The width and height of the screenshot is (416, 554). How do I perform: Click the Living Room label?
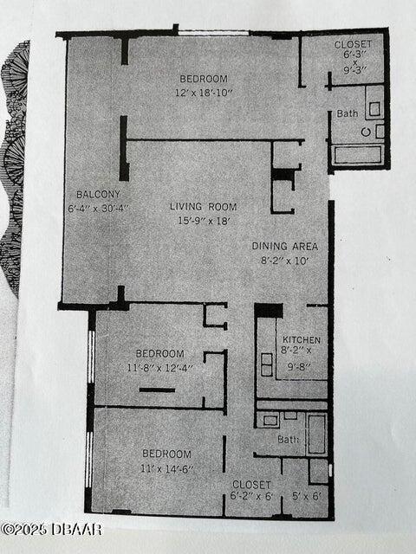pyautogui.click(x=203, y=207)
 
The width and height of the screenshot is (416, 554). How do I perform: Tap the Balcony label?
pyautogui.click(x=98, y=194)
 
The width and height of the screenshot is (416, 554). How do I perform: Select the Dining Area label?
pyautogui.click(x=285, y=246)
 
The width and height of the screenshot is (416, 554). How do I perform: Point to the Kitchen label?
pyautogui.click(x=302, y=340)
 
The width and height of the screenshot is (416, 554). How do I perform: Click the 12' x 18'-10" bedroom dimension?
pyautogui.click(x=204, y=93)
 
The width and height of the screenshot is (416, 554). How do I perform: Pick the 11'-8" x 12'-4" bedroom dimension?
pyautogui.click(x=159, y=368)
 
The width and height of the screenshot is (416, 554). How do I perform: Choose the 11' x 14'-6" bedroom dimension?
pyautogui.click(x=167, y=469)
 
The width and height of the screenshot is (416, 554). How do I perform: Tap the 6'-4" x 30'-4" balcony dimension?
pyautogui.click(x=99, y=208)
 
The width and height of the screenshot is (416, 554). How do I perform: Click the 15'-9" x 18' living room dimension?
pyautogui.click(x=204, y=221)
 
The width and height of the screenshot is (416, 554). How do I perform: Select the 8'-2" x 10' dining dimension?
pyautogui.click(x=285, y=261)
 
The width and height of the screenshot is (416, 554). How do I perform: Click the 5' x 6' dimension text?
pyautogui.click(x=307, y=496)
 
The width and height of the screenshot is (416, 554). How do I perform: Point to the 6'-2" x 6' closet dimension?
pyautogui.click(x=251, y=496)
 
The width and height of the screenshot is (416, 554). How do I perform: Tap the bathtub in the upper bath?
pyautogui.click(x=358, y=155)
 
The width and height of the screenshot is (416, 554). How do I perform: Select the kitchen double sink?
pyautogui.click(x=266, y=364)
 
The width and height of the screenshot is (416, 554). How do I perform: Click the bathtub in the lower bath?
pyautogui.click(x=316, y=435)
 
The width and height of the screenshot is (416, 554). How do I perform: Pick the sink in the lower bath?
pyautogui.click(x=270, y=421)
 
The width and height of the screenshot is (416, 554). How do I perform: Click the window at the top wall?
pyautogui.click(x=213, y=33)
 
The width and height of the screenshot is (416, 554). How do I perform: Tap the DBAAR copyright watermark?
pyautogui.click(x=52, y=530)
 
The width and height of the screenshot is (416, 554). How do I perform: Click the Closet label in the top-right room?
pyautogui.click(x=353, y=44)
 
